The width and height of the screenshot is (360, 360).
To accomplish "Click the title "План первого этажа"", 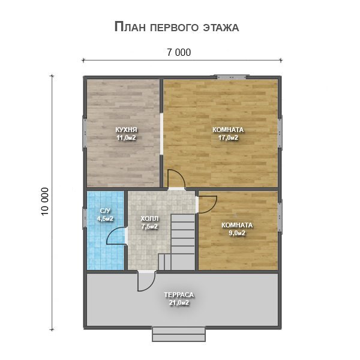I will (176, 27).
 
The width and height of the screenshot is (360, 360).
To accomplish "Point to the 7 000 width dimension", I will (179, 53).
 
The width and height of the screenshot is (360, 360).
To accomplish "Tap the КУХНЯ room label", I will (126, 129).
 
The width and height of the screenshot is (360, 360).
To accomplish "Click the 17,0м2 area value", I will (228, 137).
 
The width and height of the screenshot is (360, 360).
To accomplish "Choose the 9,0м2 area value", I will (236, 233).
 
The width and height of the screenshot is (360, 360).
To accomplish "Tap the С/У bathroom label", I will (105, 211).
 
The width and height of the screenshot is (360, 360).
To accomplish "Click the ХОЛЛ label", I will (149, 218).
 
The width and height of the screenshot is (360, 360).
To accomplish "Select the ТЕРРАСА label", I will (179, 295).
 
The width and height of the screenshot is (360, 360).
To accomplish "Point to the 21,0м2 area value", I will (179, 303).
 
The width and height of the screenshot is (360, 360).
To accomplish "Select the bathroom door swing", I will (117, 236).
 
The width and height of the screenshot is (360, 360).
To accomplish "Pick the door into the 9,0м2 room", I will (206, 203).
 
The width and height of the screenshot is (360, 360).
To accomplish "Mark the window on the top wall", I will (232, 76).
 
